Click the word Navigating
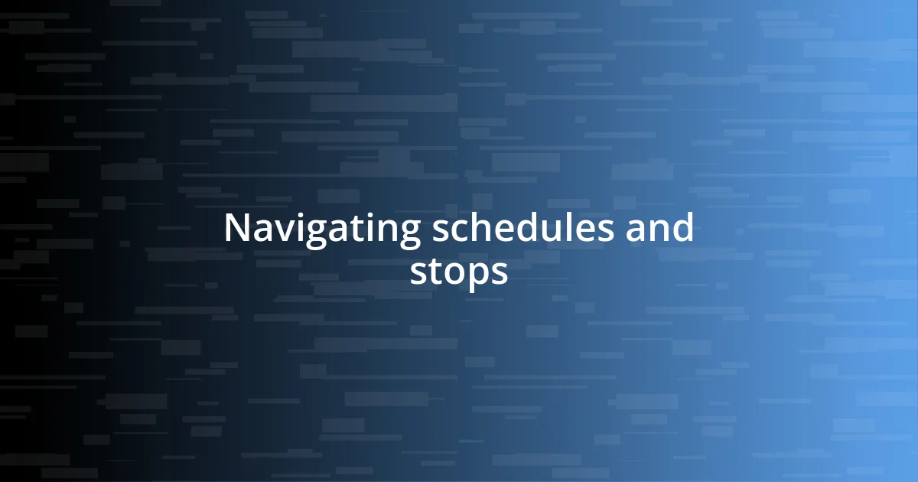coord(321,229)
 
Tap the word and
coord(659,229)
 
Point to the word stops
coord(458,272)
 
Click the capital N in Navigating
coord(238,229)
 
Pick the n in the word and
coord(659,231)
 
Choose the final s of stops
coord(500,274)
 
